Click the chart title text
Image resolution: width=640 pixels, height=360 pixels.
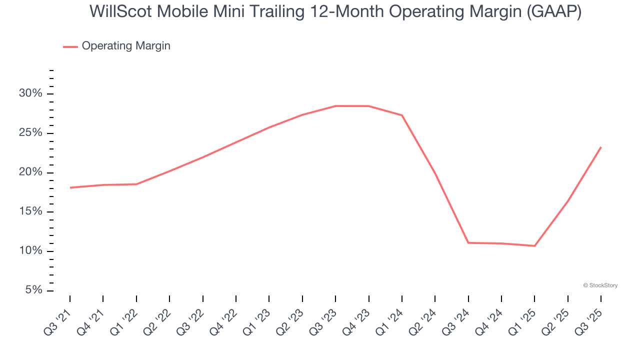pyautogui.click(x=335, y=11)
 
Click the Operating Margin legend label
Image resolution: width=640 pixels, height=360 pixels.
pyautogui.click(x=126, y=46)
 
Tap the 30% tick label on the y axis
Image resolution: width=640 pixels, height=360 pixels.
pyautogui.click(x=30, y=94)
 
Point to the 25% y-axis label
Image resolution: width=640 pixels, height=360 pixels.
pyautogui.click(x=30, y=133)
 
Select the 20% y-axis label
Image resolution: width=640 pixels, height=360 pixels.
pyautogui.click(x=30, y=173)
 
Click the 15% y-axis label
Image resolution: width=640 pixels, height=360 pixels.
pyautogui.click(x=30, y=212)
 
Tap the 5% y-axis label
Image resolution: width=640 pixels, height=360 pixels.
pyautogui.click(x=33, y=290)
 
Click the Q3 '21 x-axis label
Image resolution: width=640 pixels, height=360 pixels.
pyautogui.click(x=59, y=318)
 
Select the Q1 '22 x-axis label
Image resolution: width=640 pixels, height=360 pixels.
pyautogui.click(x=125, y=318)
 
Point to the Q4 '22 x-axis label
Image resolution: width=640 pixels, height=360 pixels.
pyautogui.click(x=225, y=318)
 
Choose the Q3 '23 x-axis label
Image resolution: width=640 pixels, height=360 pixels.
pyautogui.click(x=324, y=318)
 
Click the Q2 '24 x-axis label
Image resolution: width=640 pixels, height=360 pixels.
pyautogui.click(x=424, y=318)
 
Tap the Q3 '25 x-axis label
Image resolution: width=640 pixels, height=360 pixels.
pyautogui.click(x=590, y=318)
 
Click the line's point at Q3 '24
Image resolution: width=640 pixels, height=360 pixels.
pyautogui.click(x=468, y=242)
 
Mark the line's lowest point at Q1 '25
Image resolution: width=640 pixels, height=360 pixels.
pyautogui.click(x=534, y=245)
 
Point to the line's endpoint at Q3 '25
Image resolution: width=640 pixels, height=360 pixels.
pyautogui.click(x=600, y=147)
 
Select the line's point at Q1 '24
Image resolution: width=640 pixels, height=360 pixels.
pyautogui.click(x=402, y=115)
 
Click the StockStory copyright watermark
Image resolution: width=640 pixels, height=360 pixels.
pyautogui.click(x=600, y=285)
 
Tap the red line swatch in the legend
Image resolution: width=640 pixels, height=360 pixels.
pyautogui.click(x=70, y=46)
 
